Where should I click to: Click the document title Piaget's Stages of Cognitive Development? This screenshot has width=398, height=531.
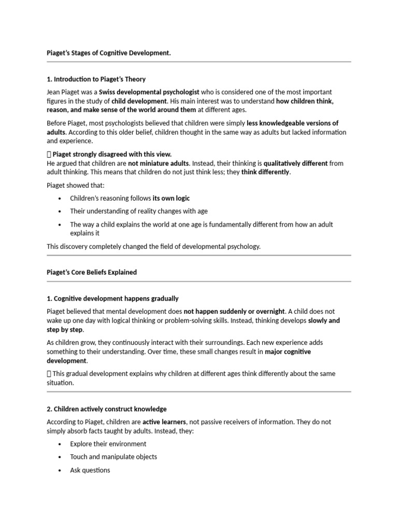(108, 53)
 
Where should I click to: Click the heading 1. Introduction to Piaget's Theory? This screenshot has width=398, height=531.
(96, 79)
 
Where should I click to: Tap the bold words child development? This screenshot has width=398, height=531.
(139, 101)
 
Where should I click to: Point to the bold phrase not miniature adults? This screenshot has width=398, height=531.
(159, 163)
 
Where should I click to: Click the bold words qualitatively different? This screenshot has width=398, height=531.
(295, 163)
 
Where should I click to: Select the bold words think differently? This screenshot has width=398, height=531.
(265, 172)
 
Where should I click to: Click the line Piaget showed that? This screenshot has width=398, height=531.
(74, 185)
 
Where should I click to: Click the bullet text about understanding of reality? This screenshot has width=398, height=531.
(139, 211)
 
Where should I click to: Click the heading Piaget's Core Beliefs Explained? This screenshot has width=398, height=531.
(92, 272)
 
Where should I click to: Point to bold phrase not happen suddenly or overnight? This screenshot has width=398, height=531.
(234, 311)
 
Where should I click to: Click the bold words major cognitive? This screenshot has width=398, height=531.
(288, 352)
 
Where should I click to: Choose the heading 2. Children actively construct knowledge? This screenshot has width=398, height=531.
(106, 409)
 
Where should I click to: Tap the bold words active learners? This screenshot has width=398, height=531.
(164, 422)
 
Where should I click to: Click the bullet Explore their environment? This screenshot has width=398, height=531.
(108, 444)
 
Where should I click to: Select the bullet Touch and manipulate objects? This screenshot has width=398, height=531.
(113, 457)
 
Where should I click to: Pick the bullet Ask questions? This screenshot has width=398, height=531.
(90, 470)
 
